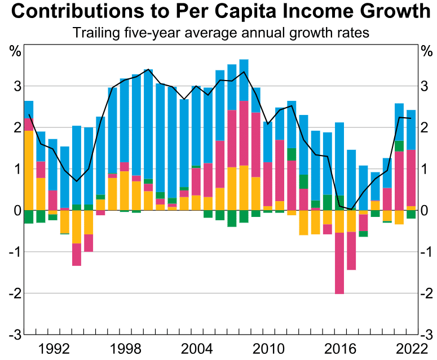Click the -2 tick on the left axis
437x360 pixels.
tap(14, 293)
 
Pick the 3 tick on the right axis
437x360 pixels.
tap(425, 86)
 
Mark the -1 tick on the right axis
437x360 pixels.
tap(426, 251)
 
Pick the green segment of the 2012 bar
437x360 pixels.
tap(292, 154)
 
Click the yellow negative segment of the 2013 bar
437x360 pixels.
tap(303, 223)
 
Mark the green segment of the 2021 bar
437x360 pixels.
tap(399, 146)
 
